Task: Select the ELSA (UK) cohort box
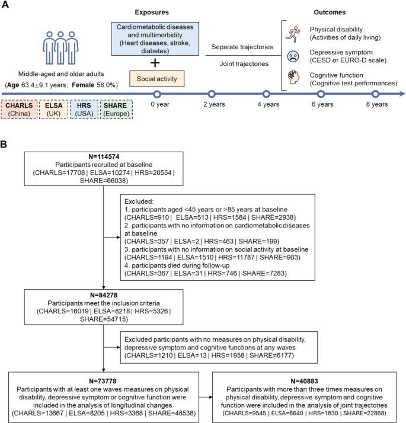pyautogui.click(x=53, y=110)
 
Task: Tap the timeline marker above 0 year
pyautogui.click(x=157, y=94)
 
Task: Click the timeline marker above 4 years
pyautogui.click(x=266, y=94)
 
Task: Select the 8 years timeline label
pyautogui.click(x=376, y=104)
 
